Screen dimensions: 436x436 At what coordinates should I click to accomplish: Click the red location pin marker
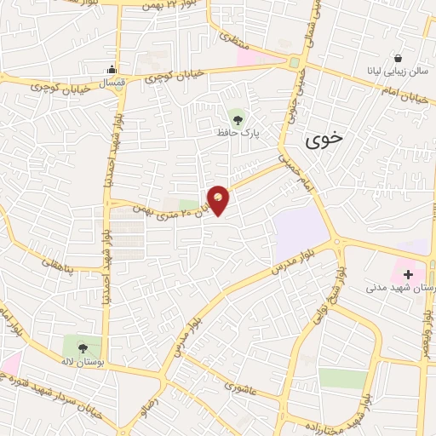pos(219,200)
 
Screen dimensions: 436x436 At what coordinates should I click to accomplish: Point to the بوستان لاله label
pos(81,364)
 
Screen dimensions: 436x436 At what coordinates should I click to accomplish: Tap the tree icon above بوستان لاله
pos(82,347)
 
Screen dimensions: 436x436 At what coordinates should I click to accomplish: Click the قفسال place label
pos(112,83)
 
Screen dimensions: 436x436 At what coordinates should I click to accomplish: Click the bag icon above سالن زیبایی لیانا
pos(397,58)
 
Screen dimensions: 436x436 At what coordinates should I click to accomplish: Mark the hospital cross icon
pos(409,274)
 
